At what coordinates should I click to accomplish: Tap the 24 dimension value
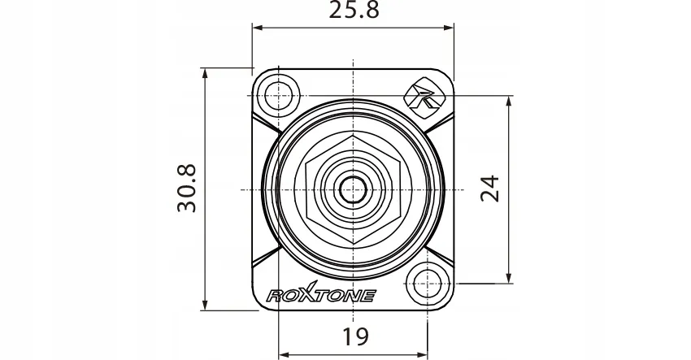click(x=489, y=189)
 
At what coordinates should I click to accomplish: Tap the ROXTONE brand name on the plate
click(x=320, y=296)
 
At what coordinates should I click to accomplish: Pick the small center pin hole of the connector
click(x=353, y=189)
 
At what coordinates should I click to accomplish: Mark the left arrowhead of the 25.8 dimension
click(x=257, y=28)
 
